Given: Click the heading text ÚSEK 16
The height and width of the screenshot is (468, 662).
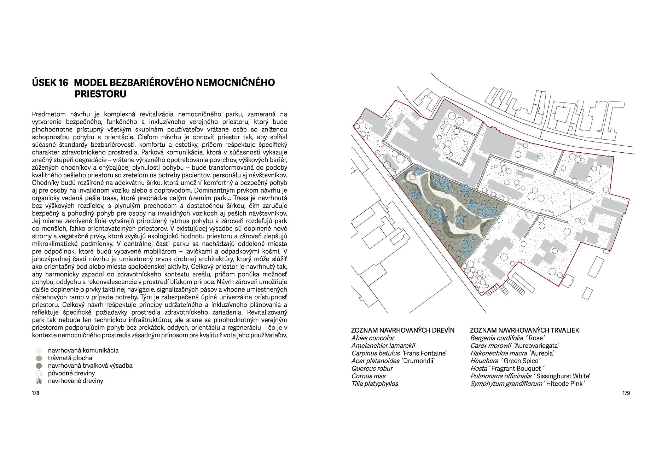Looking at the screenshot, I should tap(50, 83).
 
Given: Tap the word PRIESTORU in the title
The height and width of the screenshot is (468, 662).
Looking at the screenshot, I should tap(100, 94).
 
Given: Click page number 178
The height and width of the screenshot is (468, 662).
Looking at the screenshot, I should tap(35, 393).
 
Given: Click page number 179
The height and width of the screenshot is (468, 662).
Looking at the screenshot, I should tap(626, 393).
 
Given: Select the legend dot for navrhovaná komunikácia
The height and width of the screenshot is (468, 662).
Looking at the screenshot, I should tap(39, 351).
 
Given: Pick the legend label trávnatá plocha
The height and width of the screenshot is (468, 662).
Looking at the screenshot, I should tap(70, 358).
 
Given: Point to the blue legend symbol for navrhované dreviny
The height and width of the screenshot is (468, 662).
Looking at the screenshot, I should tap(39, 381).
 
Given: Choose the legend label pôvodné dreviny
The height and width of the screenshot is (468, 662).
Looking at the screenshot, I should tap(71, 373).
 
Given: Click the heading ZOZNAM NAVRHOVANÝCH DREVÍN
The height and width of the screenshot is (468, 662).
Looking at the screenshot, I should tap(402, 330).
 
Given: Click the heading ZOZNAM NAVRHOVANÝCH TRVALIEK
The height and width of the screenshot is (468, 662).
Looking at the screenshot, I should tap(524, 330).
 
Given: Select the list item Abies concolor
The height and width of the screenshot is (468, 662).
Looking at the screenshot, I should tap(372, 338).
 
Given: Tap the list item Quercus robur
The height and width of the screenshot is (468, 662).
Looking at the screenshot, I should tap(372, 368).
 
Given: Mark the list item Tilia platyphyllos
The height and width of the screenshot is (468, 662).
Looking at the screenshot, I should tap(374, 384).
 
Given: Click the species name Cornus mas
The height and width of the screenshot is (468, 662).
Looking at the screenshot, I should tap(368, 376).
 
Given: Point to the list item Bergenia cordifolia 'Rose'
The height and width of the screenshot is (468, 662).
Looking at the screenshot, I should tap(507, 338).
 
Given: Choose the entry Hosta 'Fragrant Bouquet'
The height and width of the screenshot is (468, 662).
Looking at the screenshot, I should tap(507, 368).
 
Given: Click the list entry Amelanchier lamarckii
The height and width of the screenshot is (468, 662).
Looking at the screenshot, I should tap(383, 345).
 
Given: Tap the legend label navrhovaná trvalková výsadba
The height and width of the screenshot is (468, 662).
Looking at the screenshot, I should tap(90, 365).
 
